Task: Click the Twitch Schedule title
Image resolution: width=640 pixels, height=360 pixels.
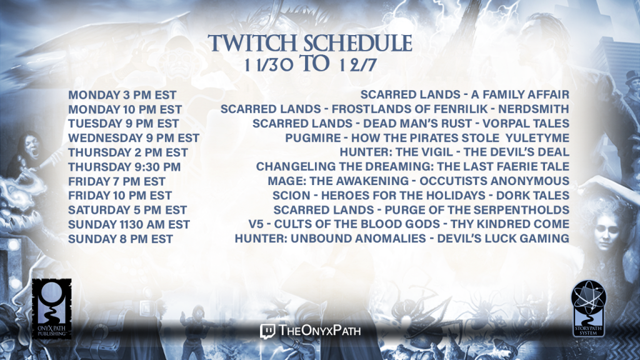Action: click(310, 43)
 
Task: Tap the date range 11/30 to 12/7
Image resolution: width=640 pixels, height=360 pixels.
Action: click(310, 64)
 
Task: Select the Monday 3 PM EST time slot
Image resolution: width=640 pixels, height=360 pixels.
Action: click(122, 95)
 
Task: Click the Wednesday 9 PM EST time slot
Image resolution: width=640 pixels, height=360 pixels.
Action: click(134, 138)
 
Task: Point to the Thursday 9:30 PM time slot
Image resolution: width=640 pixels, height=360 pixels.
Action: click(124, 167)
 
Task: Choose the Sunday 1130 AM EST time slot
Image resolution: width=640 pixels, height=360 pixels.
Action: click(129, 224)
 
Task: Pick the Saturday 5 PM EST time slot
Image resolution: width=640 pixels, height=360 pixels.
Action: click(127, 210)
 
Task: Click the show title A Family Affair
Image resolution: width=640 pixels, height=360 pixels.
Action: click(520, 95)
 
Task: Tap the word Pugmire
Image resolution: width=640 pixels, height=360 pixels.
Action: click(312, 138)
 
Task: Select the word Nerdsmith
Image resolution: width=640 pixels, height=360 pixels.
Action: click(534, 109)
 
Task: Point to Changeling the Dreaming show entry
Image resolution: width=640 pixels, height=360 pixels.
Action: click(412, 166)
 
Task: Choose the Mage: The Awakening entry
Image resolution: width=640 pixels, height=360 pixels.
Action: click(418, 181)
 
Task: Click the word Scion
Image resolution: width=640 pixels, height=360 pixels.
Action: click(291, 196)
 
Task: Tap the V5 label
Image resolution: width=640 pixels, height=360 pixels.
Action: click(256, 224)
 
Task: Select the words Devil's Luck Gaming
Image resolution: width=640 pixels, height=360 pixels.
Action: click(503, 238)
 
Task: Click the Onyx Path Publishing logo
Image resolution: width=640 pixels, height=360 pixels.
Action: click(52, 309)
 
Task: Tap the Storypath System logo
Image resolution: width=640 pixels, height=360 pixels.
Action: click(588, 309)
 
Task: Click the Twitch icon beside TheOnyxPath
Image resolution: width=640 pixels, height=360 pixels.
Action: click(267, 331)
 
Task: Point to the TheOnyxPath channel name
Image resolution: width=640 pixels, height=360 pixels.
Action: click(319, 331)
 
